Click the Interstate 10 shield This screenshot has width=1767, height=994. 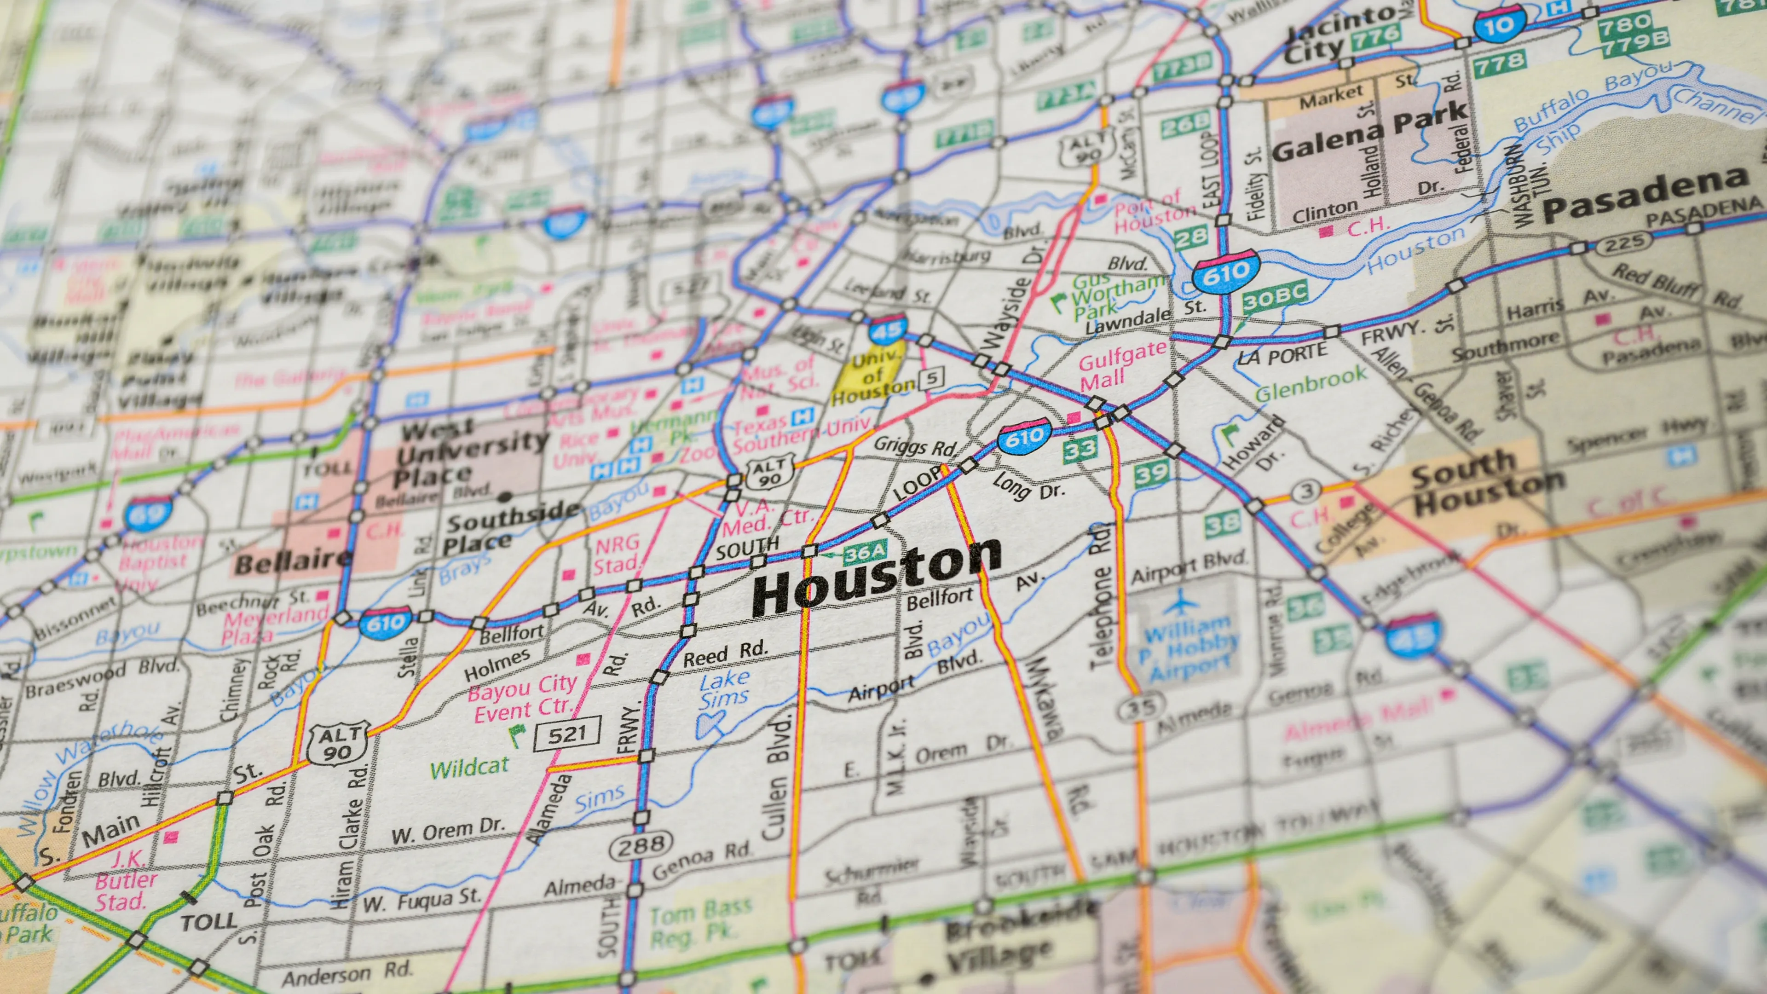(1499, 25)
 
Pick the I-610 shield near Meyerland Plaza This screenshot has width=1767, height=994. (385, 624)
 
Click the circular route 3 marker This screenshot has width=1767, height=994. (1307, 491)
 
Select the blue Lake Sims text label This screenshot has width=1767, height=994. (724, 689)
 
